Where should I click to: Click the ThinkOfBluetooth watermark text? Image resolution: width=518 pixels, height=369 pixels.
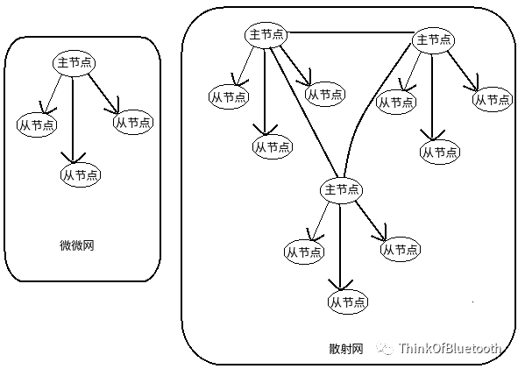(450, 348)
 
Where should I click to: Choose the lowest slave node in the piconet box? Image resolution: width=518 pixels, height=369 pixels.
(80, 174)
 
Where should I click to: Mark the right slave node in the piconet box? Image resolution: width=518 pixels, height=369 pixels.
(132, 122)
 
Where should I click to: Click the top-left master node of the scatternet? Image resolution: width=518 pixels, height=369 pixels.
(266, 34)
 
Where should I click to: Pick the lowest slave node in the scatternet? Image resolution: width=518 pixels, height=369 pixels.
(347, 302)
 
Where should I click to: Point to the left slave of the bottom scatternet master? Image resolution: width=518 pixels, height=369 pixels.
(302, 251)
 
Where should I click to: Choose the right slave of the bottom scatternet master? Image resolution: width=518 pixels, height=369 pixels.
(399, 249)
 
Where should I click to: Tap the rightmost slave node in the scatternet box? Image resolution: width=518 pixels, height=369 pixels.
(493, 100)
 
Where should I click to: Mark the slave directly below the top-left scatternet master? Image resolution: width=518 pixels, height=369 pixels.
(272, 146)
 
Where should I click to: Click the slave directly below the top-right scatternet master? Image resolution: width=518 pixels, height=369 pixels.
(439, 152)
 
